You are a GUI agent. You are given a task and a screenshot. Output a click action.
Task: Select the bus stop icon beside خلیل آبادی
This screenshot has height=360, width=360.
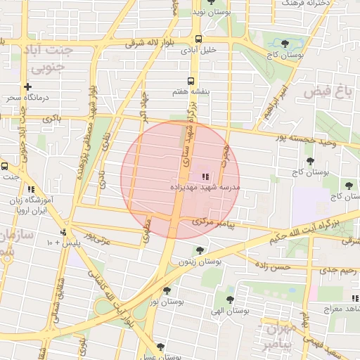[199, 39]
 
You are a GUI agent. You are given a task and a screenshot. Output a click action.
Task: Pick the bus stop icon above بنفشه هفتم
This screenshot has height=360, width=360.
[191, 82]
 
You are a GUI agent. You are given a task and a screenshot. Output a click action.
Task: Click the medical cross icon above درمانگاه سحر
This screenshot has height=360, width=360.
[27, 87]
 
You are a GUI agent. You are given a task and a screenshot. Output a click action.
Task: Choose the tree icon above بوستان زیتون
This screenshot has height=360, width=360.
[200, 250]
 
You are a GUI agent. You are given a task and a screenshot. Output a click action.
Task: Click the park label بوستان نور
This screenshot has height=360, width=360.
[167, 302]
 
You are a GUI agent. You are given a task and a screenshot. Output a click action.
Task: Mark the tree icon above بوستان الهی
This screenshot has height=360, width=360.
[230, 299]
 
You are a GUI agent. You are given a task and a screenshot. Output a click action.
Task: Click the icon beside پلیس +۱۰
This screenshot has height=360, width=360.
[64, 232]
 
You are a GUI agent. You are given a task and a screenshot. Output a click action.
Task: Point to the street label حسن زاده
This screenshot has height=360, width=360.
[273, 267]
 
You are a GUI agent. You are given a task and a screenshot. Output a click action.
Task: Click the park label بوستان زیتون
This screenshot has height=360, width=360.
[199, 261]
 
